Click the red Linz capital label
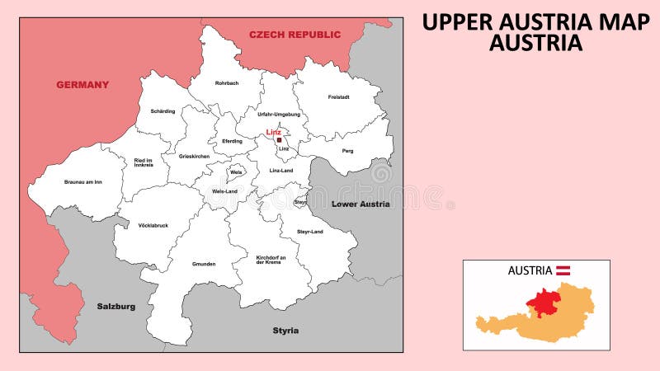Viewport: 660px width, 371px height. tap(273, 132)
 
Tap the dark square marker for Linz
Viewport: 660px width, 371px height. tap(280, 140)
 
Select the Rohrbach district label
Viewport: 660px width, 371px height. tap(227, 83)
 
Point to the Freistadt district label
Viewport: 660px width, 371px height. tap(338, 97)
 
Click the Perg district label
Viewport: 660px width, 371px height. tap(347, 151)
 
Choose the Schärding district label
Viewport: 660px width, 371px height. tap(163, 111)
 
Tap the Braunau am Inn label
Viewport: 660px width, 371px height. tap(82, 181)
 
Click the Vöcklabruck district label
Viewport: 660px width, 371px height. tap(153, 225)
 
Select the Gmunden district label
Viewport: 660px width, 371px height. tap(203, 264)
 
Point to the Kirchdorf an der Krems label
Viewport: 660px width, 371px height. tap(271, 260)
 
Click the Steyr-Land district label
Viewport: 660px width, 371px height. tap(310, 232)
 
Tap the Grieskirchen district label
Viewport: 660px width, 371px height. tap(194, 156)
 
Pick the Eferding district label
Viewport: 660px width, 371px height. tap(232, 141)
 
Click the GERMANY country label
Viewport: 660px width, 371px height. tap(82, 85)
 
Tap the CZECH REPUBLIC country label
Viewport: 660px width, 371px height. tap(295, 35)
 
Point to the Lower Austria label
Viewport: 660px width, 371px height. tap(361, 204)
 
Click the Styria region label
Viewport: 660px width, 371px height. tap(285, 331)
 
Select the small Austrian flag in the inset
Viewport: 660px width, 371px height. tap(564, 270)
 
